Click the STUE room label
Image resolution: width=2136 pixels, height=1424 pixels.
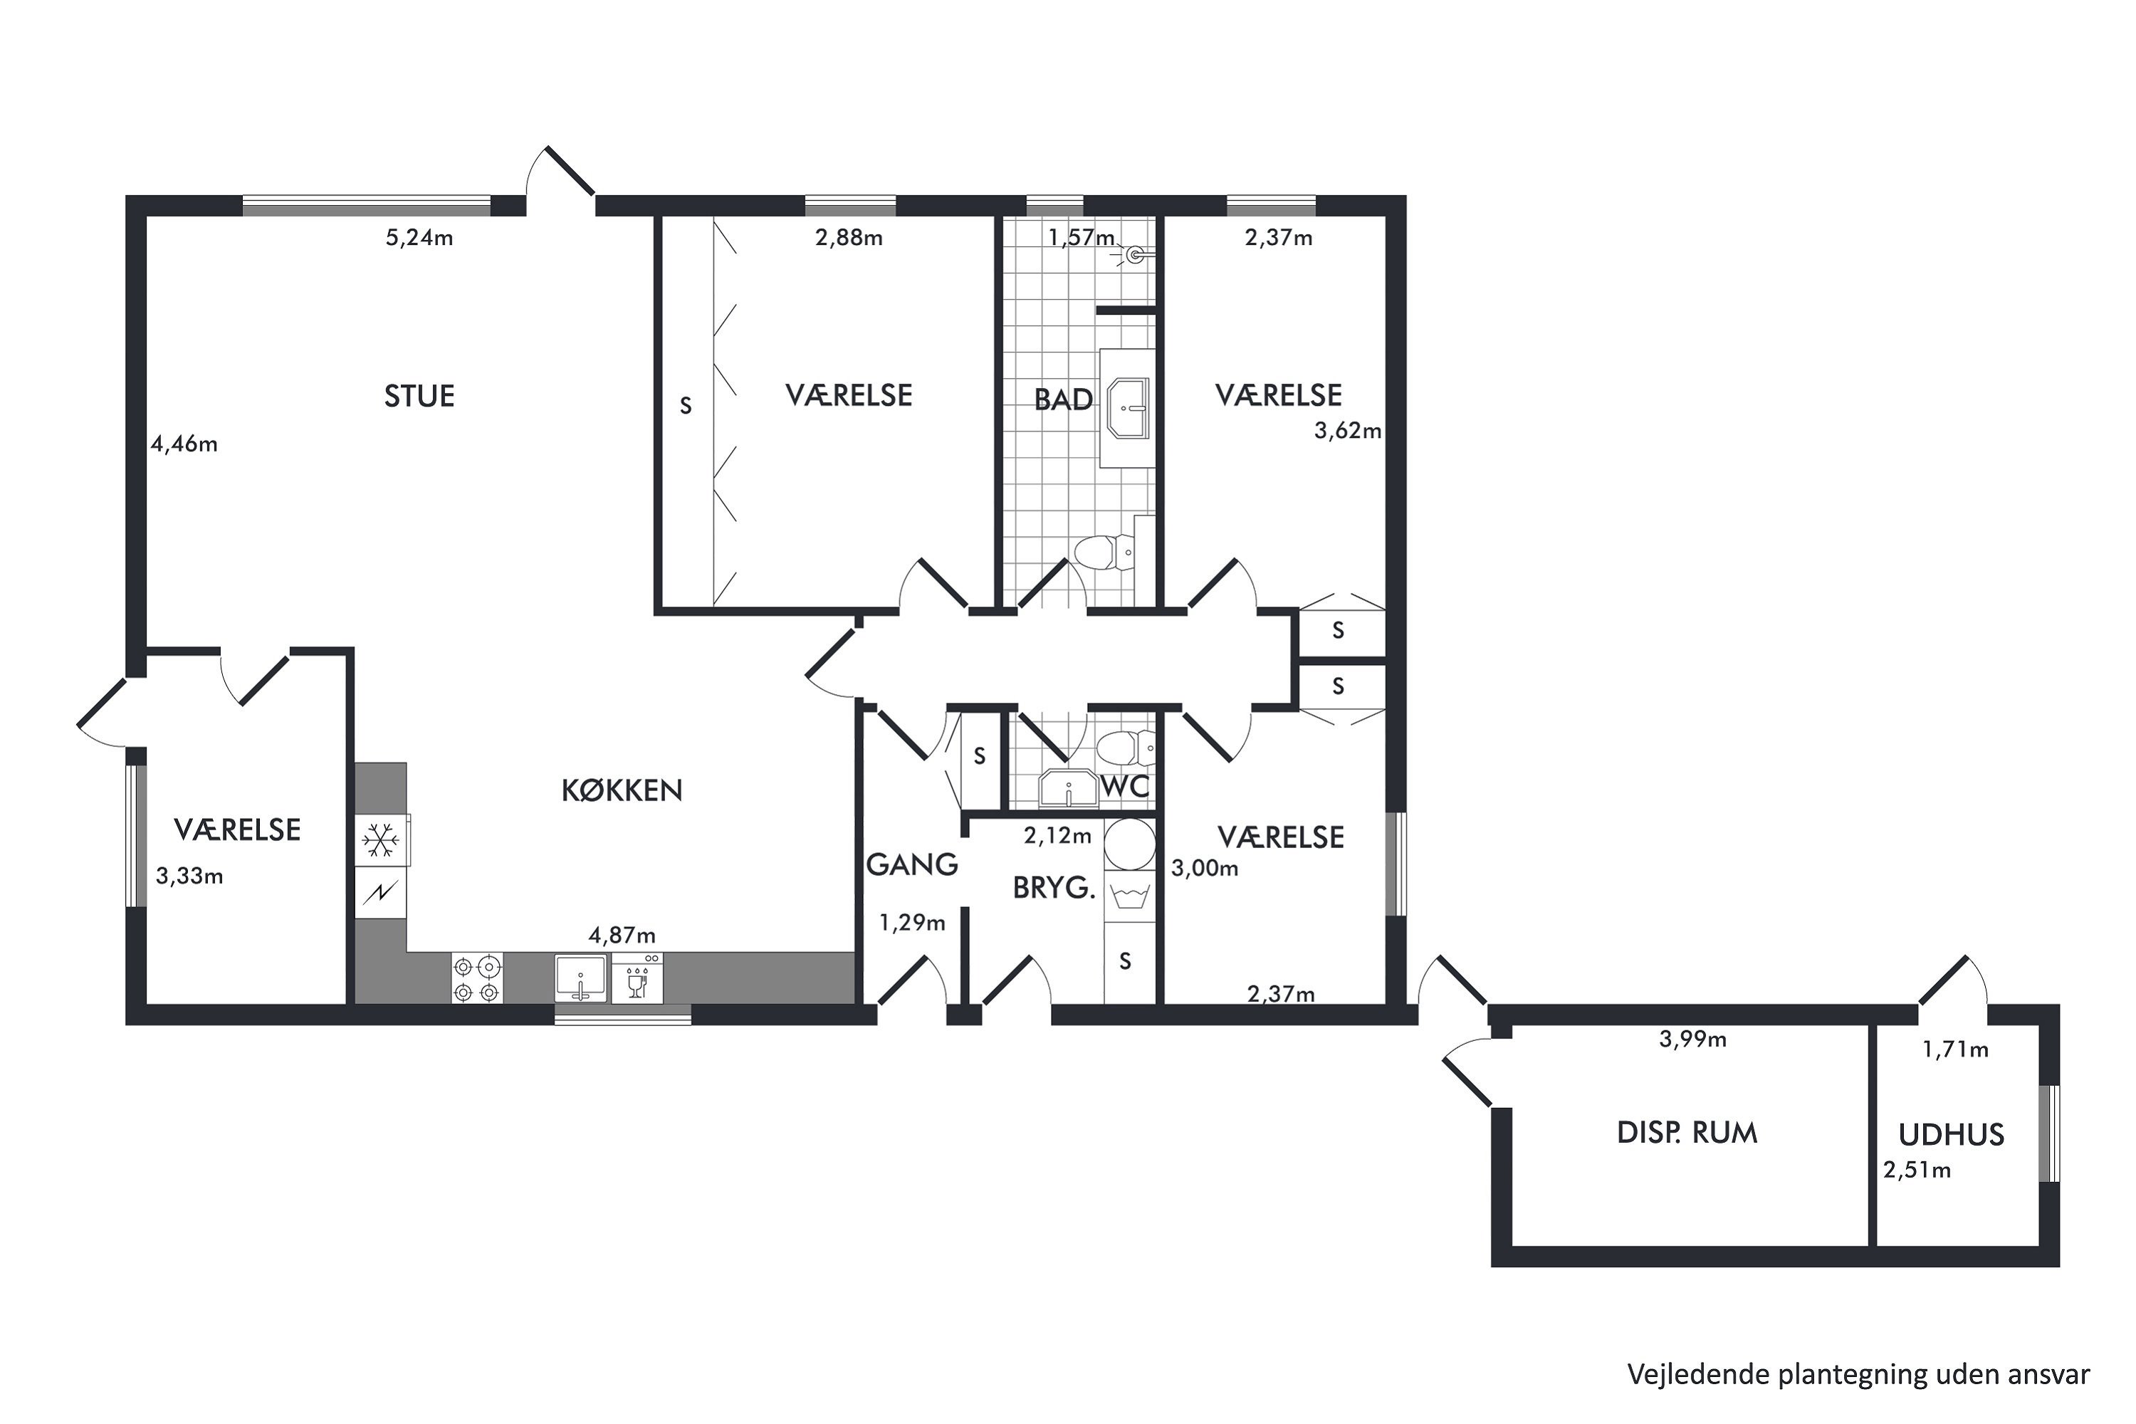[419, 396]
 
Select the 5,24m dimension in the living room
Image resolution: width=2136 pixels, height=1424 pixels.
[419, 238]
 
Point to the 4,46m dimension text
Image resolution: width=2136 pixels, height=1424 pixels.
[184, 444]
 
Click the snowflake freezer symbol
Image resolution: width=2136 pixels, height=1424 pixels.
[379, 840]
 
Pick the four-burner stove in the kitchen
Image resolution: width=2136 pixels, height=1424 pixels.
[477, 978]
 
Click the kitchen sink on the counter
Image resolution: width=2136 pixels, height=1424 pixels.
[580, 978]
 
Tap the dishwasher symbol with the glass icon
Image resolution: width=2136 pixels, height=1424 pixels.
[637, 978]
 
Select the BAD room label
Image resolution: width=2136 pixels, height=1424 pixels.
[1064, 399]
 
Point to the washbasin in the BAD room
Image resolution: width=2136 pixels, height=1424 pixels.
[1128, 409]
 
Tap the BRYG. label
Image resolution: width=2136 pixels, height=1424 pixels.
[1054, 887]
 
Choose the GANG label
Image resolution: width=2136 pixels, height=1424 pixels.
[912, 864]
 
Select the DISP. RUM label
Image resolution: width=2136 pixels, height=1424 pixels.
[1687, 1133]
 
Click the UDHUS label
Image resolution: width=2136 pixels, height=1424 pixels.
[1952, 1134]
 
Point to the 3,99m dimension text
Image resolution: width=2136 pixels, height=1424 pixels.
[1693, 1039]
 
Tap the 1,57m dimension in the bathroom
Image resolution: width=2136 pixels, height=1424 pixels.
[1082, 238]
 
